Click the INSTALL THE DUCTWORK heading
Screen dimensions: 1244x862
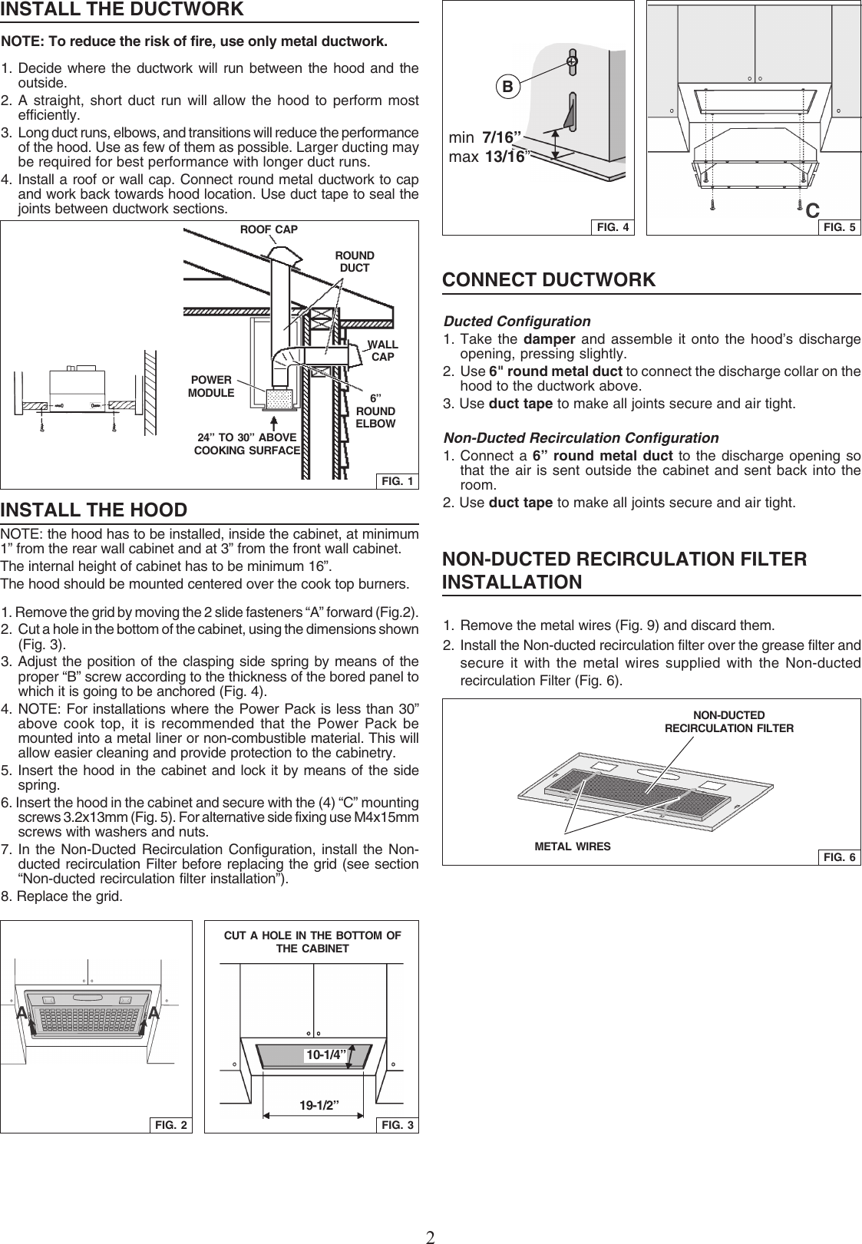[122, 10]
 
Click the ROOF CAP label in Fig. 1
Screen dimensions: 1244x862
[269, 229]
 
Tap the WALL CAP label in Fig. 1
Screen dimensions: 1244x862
[382, 351]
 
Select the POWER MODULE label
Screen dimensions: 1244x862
[211, 386]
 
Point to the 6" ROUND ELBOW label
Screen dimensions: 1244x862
[375, 411]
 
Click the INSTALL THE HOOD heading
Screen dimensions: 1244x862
[94, 510]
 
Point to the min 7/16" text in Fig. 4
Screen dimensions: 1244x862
[485, 138]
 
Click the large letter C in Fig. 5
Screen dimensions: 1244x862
[813, 210]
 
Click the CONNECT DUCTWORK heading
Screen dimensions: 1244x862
[549, 280]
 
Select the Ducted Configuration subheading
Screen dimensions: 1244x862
[517, 321]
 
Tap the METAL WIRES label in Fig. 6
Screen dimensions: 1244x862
[573, 846]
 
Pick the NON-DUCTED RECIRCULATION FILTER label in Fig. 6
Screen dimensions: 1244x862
[728, 721]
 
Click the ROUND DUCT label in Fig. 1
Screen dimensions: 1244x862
[355, 262]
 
